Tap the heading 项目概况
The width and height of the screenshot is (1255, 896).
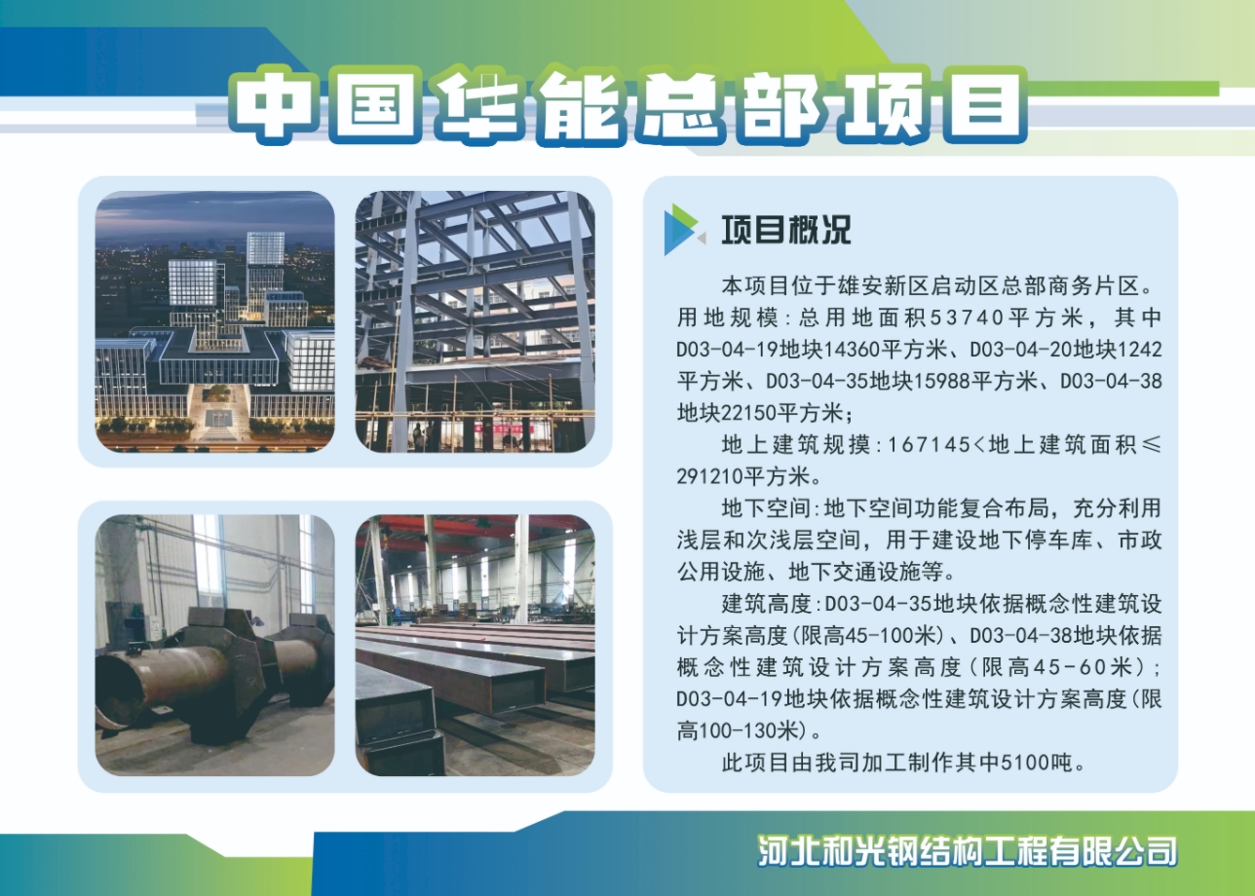[785, 229]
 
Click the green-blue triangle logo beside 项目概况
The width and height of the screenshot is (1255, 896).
[683, 230]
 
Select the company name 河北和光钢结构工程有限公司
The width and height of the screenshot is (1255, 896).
[968, 850]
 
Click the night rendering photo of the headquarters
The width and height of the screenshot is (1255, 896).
[214, 321]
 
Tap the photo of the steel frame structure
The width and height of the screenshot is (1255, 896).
[475, 321]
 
